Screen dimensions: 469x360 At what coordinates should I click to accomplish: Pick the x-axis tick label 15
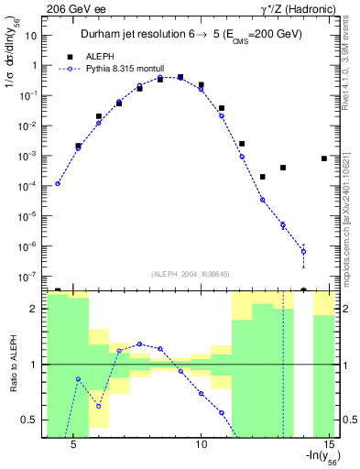tap(332, 442)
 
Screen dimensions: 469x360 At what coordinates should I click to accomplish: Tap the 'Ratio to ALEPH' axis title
tap(12, 364)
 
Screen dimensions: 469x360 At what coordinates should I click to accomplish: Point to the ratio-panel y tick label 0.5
tap(29, 420)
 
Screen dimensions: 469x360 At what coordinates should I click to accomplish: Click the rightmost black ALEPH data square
tap(324, 158)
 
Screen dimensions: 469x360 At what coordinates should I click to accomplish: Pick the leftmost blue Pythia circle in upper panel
tap(58, 183)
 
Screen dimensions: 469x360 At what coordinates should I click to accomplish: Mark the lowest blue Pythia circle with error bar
tap(303, 251)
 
